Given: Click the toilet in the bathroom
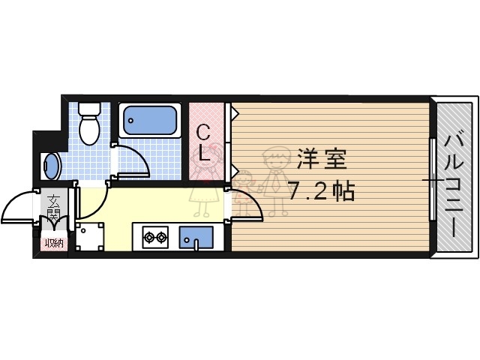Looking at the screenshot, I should pyautogui.click(x=89, y=127).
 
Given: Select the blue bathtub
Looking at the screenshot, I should pyautogui.click(x=150, y=120).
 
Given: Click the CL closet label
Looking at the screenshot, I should pyautogui.click(x=203, y=144).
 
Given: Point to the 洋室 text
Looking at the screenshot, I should pyautogui.click(x=320, y=160).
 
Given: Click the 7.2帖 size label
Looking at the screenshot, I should pyautogui.click(x=322, y=190).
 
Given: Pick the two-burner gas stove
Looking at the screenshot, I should pyautogui.click(x=154, y=238).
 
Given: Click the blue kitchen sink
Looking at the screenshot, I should pyautogui.click(x=196, y=238).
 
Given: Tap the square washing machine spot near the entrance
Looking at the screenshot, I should pyautogui.click(x=88, y=238).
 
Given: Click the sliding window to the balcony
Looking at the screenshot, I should pyautogui.click(x=433, y=180).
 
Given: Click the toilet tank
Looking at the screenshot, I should pyautogui.click(x=89, y=108).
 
